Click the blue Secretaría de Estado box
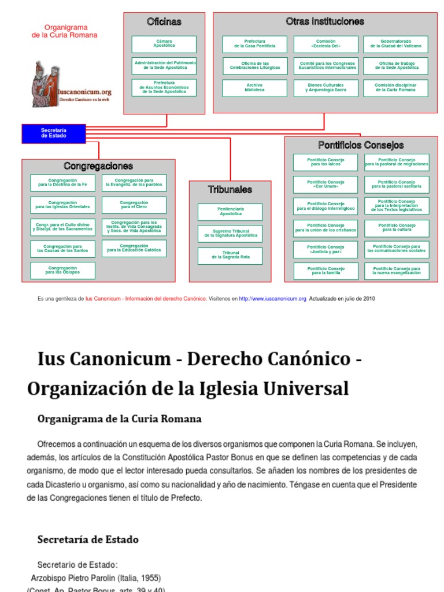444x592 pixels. pos(54,133)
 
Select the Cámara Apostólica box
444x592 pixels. pos(164,45)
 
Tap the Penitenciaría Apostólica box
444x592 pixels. pos(230,212)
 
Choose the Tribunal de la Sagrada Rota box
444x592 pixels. pos(230,256)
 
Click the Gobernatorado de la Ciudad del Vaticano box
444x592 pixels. pos(396,45)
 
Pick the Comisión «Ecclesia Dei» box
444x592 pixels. pos(325,45)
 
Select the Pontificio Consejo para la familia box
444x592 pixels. pos(325,271)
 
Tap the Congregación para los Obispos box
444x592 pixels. pos(63,271)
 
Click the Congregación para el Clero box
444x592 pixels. pos(134,205)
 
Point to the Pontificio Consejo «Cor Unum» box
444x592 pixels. pos(325,184)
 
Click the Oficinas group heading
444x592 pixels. pos(164,22)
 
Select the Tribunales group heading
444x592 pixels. pos(230,190)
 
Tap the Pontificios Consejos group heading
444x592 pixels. pos(361,145)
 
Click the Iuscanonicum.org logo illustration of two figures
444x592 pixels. pos(46,84)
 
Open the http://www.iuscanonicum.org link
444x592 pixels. pos(272,299)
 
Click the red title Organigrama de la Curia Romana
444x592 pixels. pos(64,31)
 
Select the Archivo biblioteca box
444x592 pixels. pos(255,88)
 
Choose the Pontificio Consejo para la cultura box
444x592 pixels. pos(397,228)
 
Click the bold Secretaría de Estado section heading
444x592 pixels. pos(88,539)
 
